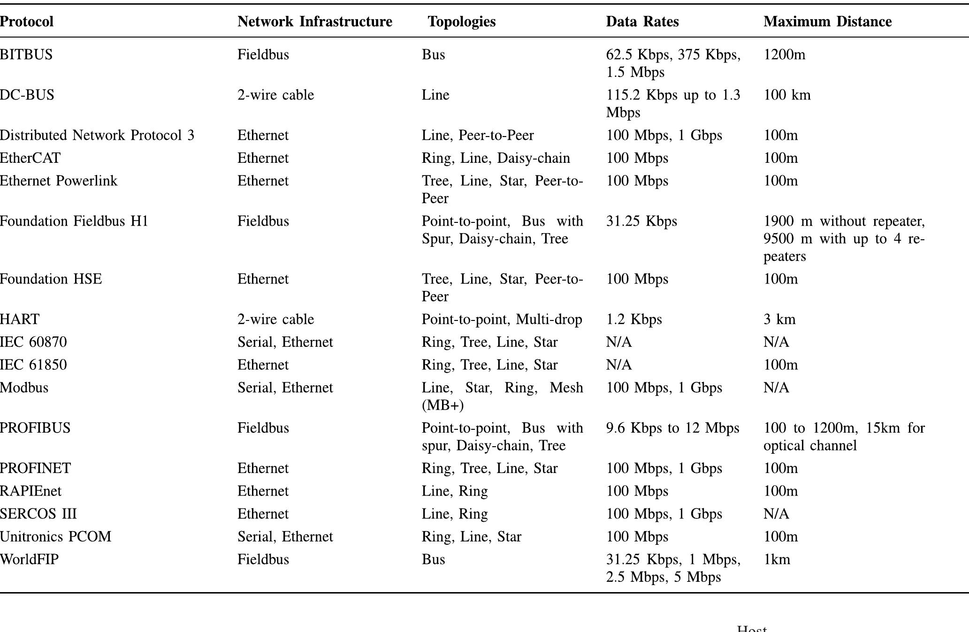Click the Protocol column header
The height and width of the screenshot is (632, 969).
[x=27, y=22]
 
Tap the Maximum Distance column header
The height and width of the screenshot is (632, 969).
[x=827, y=22]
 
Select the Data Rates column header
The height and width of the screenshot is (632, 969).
[x=642, y=22]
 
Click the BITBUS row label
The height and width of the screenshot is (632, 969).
[x=26, y=55]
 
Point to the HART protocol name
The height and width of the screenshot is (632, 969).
[x=20, y=320]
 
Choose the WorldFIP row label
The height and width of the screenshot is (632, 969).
[x=29, y=560]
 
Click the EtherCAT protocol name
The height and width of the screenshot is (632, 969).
[x=30, y=158]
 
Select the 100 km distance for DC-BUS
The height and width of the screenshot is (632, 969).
[x=787, y=95]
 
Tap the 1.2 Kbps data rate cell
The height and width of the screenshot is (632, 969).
[x=634, y=320]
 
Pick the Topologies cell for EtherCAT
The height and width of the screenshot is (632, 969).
[x=496, y=158]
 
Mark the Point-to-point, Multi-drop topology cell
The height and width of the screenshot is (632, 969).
[x=502, y=320]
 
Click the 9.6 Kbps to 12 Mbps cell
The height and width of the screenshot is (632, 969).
[x=672, y=428]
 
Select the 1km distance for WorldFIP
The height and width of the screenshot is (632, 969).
[x=777, y=560]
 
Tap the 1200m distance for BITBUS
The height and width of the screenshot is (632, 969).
[x=784, y=55]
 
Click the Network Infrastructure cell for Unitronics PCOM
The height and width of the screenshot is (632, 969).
[x=285, y=537]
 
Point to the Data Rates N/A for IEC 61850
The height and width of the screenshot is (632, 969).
[x=619, y=365]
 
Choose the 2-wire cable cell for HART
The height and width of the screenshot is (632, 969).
[x=275, y=320]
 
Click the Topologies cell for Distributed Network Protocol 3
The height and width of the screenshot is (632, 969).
[x=478, y=136]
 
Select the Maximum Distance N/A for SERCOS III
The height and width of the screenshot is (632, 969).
[x=776, y=514]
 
